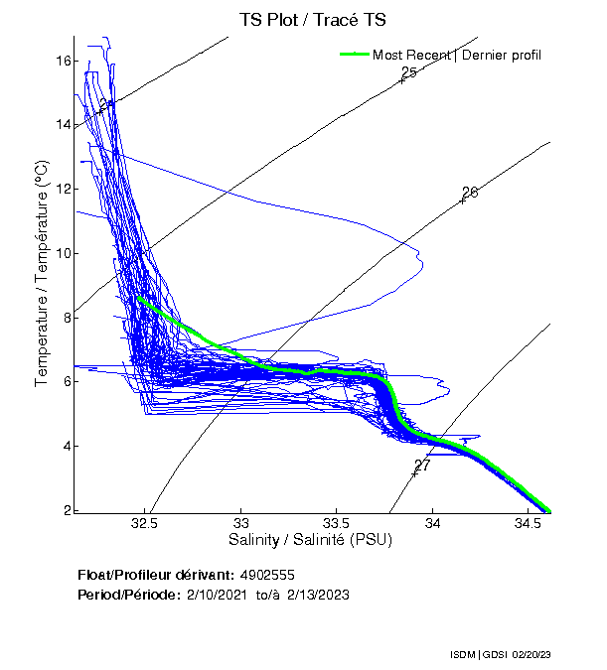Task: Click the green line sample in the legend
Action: click(x=354, y=54)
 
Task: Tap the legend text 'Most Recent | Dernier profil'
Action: click(x=457, y=55)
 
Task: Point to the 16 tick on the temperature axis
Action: click(x=63, y=61)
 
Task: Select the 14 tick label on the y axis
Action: click(x=63, y=125)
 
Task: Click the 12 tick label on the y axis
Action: click(x=63, y=190)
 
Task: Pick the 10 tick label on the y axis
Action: click(x=63, y=253)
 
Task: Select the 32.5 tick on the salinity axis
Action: click(x=145, y=523)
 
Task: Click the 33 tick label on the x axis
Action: click(x=241, y=523)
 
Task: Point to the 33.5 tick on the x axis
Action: click(x=337, y=523)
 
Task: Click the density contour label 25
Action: click(x=408, y=73)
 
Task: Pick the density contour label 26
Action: click(x=470, y=192)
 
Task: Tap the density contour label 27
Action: click(x=422, y=465)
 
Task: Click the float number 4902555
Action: click(x=267, y=575)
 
